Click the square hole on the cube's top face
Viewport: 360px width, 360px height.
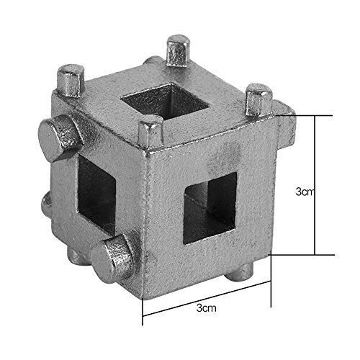point(164,100)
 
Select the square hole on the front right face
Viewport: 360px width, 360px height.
point(210,208)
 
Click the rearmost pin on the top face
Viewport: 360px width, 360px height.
point(179,50)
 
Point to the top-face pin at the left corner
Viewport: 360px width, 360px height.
point(71,81)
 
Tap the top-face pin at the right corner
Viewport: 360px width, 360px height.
point(259,99)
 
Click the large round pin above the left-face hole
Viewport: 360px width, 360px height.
point(60,138)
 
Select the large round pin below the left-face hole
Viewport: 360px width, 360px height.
point(113,258)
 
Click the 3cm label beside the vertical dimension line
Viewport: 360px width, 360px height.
point(305,192)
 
